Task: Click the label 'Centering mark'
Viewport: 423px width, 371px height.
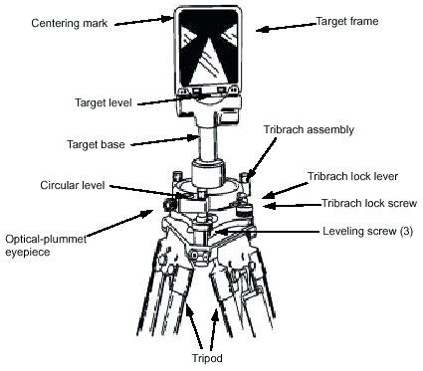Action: point(70,23)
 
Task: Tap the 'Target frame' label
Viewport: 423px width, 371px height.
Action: point(347,21)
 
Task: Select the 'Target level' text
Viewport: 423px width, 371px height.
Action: point(104,102)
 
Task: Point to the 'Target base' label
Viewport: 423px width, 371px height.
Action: point(96,144)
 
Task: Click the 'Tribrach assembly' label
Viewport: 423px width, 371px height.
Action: point(309,129)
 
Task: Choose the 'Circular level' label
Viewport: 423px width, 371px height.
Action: point(73,185)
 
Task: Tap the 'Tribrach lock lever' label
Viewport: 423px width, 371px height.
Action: point(352,176)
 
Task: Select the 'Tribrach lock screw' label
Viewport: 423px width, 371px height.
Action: point(369,203)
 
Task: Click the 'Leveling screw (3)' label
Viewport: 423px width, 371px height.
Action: point(368,231)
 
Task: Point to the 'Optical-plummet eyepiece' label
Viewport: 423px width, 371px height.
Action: point(46,245)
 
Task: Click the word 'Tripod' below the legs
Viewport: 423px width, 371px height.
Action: point(207,358)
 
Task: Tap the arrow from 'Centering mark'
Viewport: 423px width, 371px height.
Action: point(144,21)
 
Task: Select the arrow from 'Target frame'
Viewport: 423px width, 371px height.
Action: point(287,27)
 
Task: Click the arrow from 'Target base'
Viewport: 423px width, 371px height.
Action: point(165,140)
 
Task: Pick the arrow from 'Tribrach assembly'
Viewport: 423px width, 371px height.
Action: point(262,158)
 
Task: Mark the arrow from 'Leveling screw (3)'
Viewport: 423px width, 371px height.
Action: point(267,231)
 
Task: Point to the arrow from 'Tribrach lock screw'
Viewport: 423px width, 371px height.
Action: point(293,206)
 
